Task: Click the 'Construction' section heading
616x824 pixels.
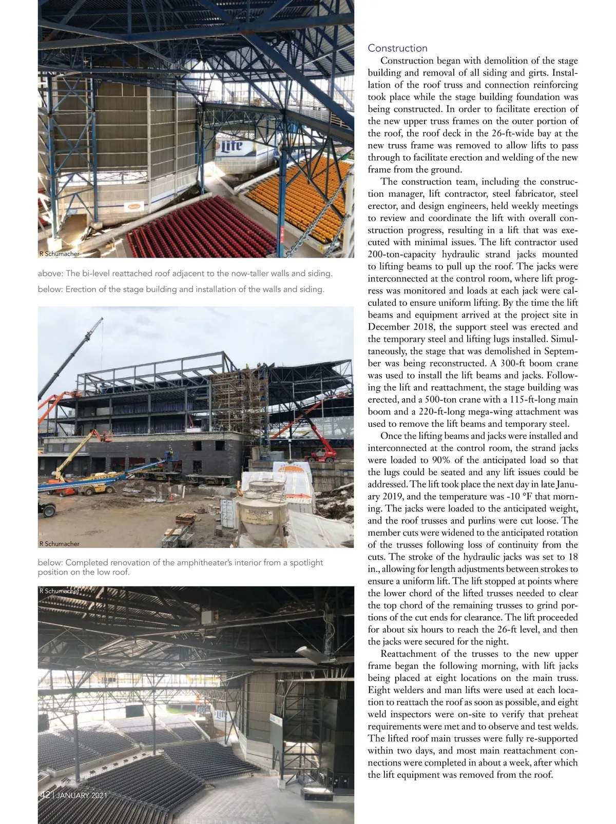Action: pyautogui.click(x=397, y=48)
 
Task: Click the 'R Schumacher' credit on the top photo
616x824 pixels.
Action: pyautogui.click(x=59, y=253)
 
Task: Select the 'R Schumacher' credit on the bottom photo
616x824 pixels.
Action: pyautogui.click(x=59, y=591)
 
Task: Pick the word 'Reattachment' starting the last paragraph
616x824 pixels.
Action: pyautogui.click(x=409, y=654)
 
